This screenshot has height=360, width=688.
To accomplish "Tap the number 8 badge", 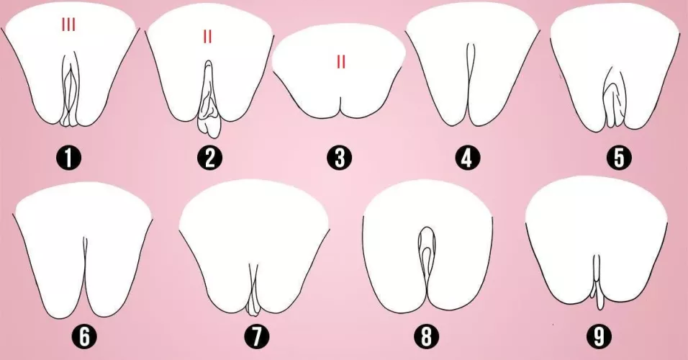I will pyautogui.click(x=427, y=336).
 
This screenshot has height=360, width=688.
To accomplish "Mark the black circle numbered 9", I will pyautogui.click(x=597, y=336).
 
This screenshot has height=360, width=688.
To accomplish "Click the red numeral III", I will pyautogui.click(x=68, y=27).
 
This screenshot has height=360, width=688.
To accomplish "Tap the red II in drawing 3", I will pyautogui.click(x=341, y=62).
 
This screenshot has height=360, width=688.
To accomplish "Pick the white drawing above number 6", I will pyautogui.click(x=58, y=245).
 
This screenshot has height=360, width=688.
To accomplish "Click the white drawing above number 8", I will pyautogui.click(x=396, y=245).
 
